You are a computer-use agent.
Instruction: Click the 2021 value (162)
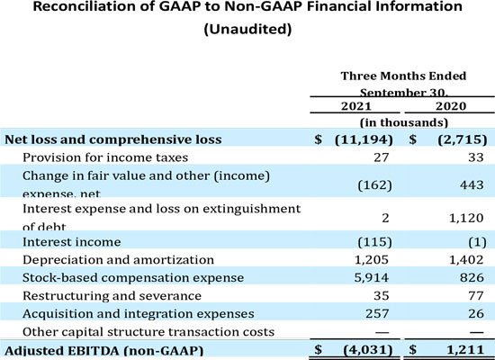pyautogui.click(x=375, y=182)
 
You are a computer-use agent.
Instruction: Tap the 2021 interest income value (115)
pyautogui.click(x=375, y=242)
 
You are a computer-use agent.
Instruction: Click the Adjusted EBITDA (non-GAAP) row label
pyautogui.click(x=103, y=349)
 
